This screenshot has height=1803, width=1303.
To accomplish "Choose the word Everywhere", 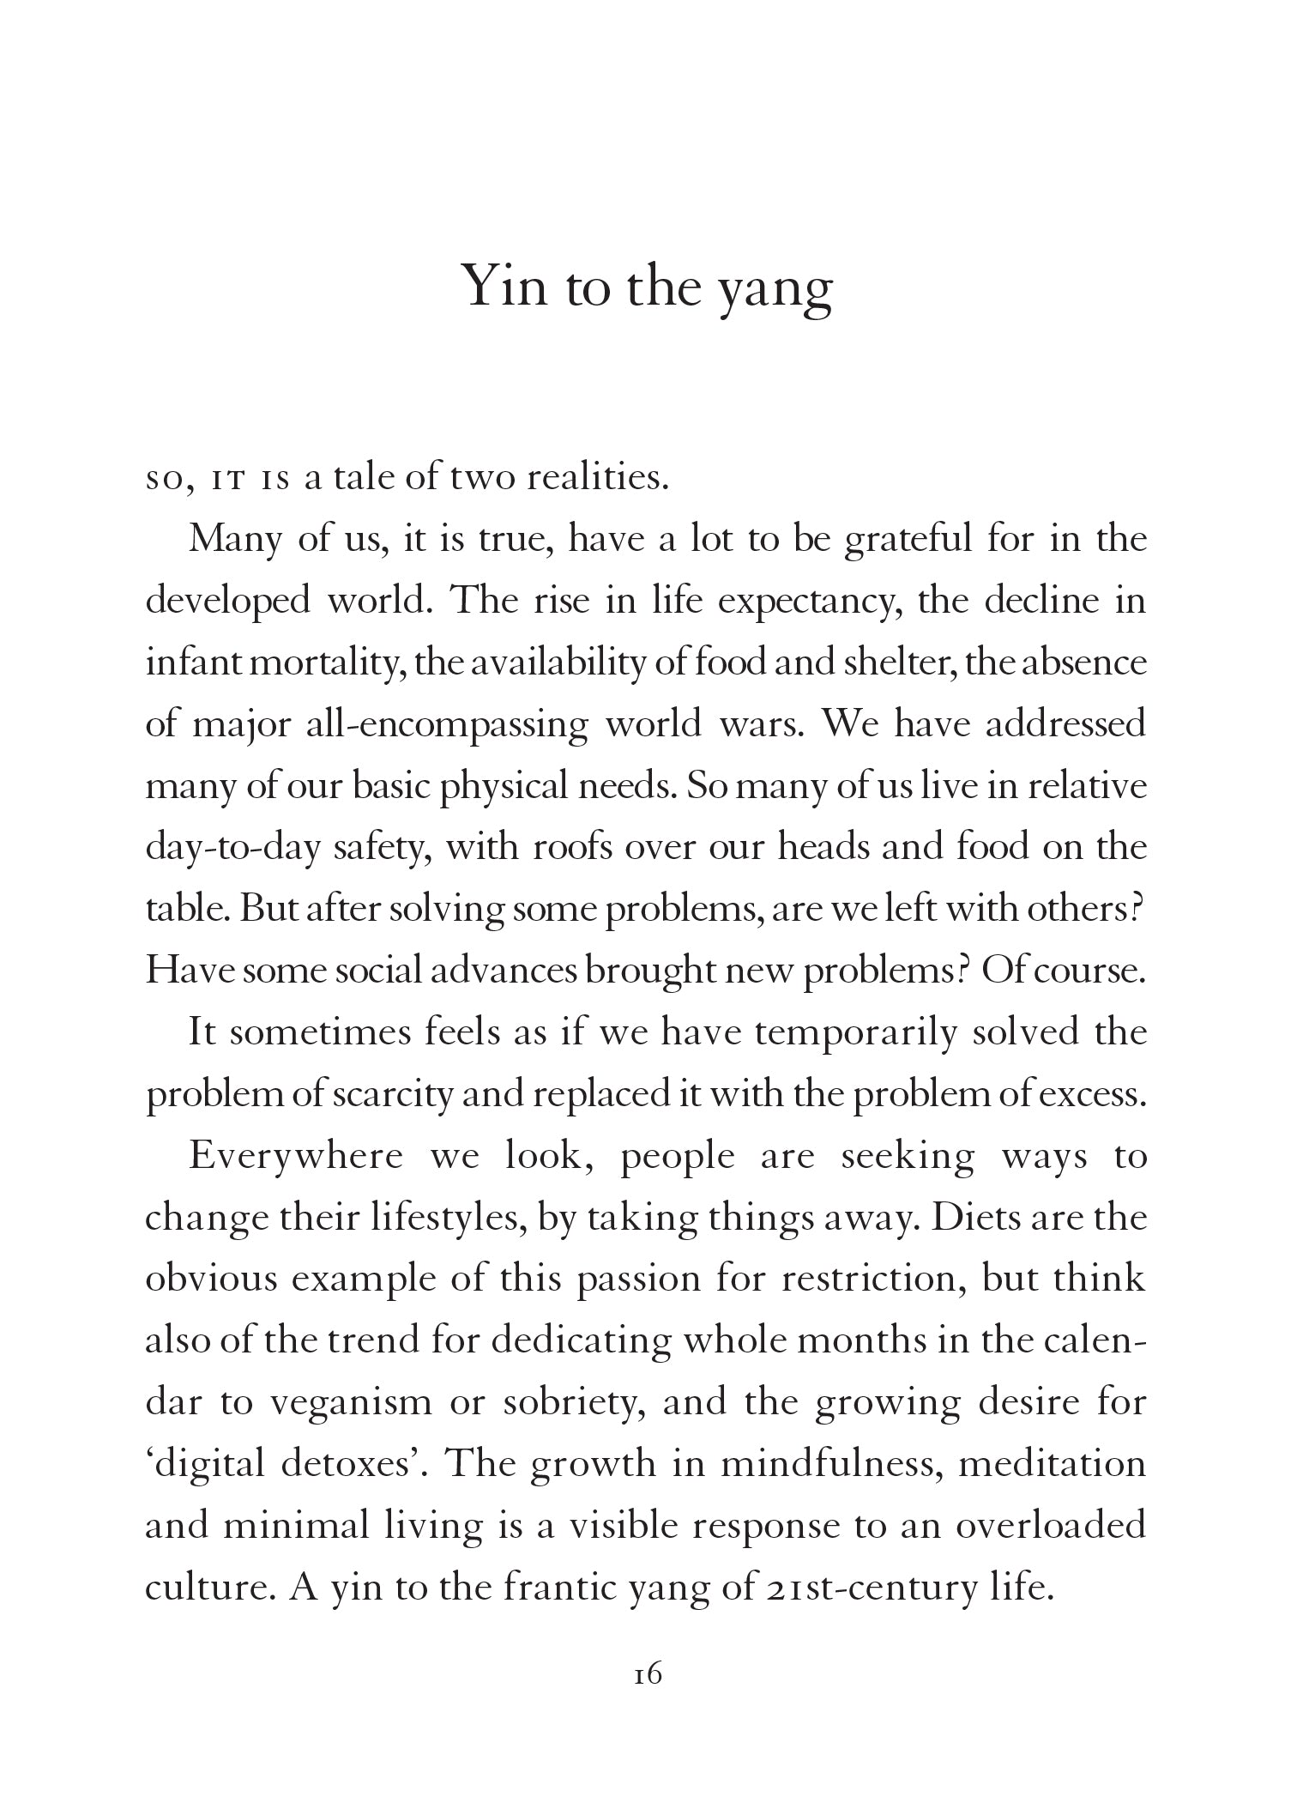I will [295, 1156].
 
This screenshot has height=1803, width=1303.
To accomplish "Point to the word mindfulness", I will [831, 1463].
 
